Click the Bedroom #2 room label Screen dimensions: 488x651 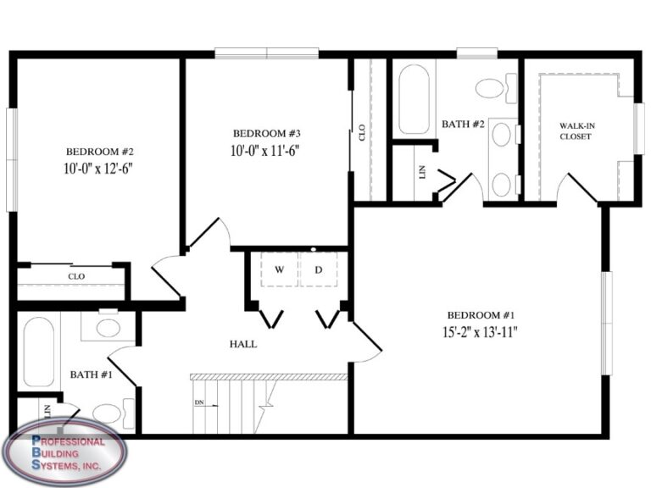[98, 152]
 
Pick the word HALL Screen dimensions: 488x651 [243, 344]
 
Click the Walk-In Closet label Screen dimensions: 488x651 [576, 131]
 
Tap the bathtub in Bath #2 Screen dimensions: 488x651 [415, 100]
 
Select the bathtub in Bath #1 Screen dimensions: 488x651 [36, 352]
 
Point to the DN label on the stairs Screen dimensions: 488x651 [199, 402]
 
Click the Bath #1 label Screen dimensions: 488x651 [86, 374]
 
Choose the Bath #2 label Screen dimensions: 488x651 [463, 125]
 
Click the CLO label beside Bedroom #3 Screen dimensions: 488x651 [362, 132]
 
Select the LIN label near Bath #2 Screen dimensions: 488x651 [421, 173]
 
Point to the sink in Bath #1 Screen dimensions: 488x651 [108, 327]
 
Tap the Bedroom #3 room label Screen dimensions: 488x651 [267, 133]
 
